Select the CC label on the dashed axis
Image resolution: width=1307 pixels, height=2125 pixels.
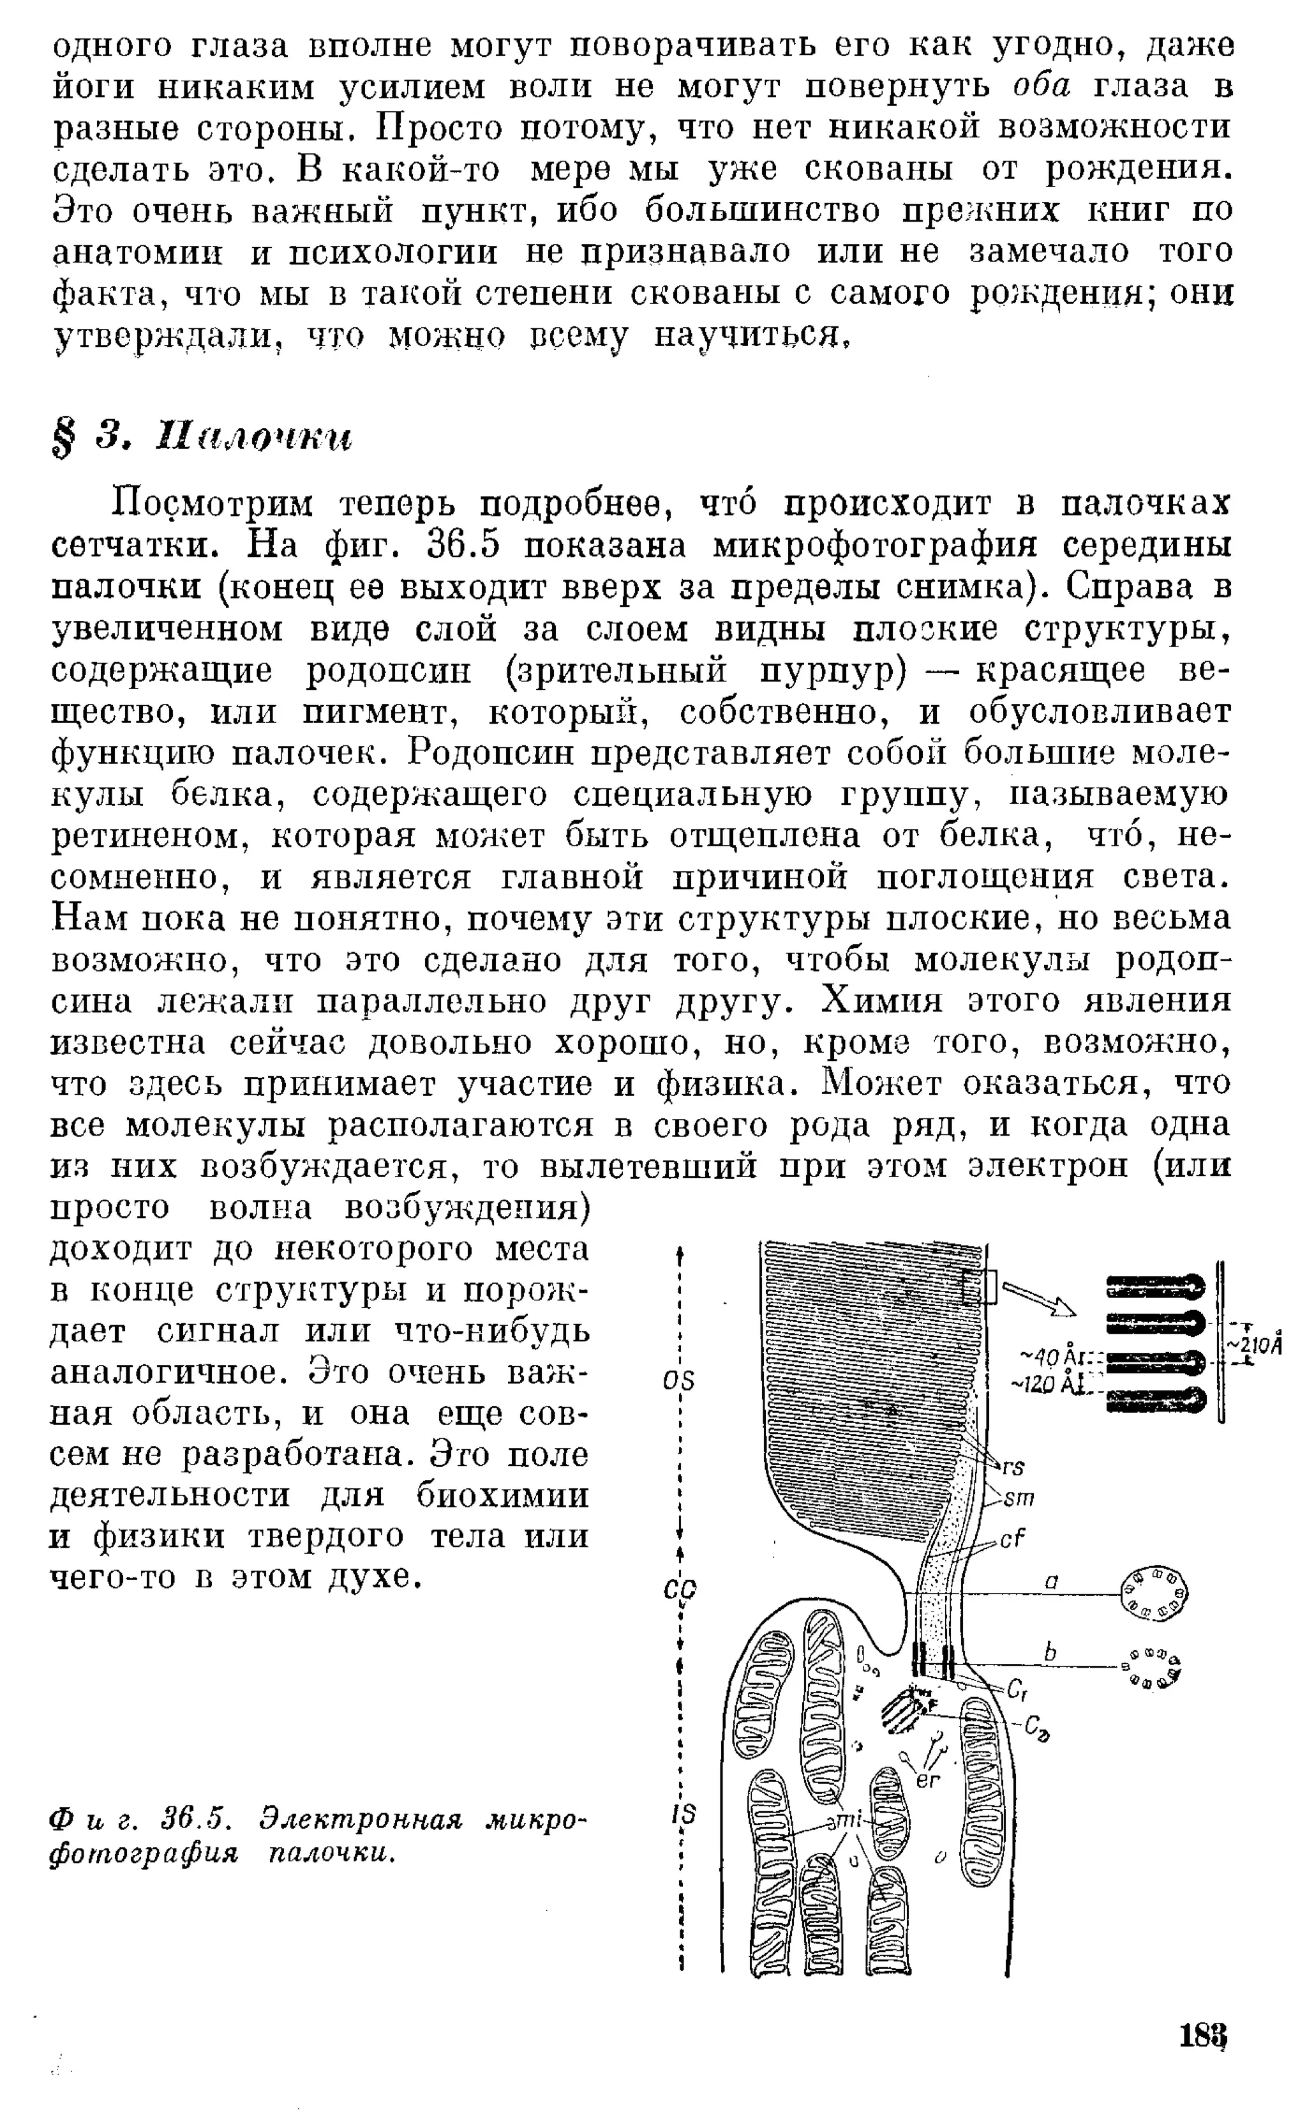(x=683, y=1588)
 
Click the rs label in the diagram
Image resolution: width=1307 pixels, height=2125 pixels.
(x=1013, y=1467)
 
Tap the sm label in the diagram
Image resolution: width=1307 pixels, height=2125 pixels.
(x=1020, y=1497)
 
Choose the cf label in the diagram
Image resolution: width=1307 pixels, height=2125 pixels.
(x=1012, y=1539)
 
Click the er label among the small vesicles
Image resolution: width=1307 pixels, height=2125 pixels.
(x=927, y=1780)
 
